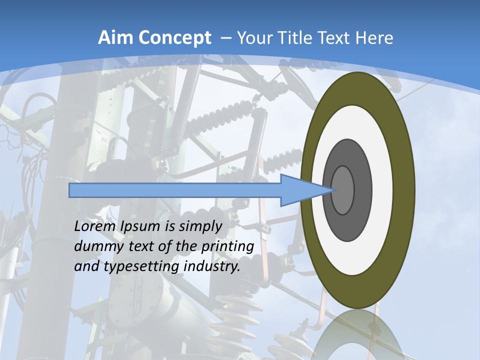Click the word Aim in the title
click(x=115, y=38)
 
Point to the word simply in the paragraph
click(x=200, y=227)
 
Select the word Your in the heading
click(x=252, y=38)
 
